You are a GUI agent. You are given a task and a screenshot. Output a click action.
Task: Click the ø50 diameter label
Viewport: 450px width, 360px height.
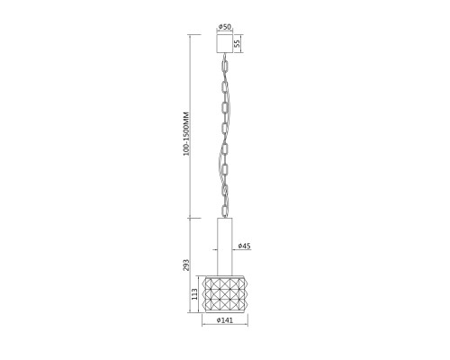[225, 27]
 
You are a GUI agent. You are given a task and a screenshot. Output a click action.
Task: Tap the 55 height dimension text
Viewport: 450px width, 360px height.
[237, 44]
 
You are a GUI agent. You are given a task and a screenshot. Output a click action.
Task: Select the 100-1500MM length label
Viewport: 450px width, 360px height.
[186, 134]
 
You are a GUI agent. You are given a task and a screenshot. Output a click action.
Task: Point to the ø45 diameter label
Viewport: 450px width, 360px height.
[244, 246]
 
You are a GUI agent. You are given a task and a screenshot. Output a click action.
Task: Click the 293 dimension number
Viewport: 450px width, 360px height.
[186, 265]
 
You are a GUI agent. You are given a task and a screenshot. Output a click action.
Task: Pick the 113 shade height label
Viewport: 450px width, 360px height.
[194, 294]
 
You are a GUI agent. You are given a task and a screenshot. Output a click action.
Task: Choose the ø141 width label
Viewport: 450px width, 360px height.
[225, 320]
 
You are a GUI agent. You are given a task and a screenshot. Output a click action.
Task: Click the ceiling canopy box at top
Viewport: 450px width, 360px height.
[225, 44]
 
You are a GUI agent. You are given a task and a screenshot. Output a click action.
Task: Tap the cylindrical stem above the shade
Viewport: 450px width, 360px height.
[225, 247]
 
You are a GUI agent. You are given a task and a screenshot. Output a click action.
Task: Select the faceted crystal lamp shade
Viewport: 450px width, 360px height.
[225, 294]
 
